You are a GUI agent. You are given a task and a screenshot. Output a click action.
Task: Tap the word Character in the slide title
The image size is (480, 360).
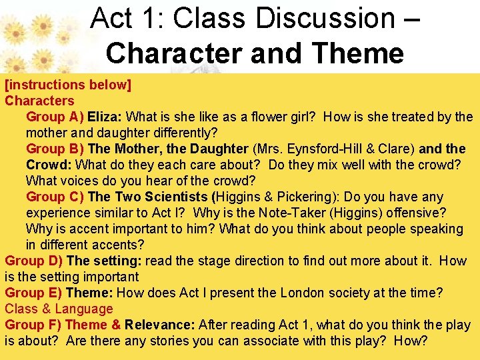171,53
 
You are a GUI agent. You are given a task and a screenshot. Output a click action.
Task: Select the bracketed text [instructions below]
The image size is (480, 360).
68,85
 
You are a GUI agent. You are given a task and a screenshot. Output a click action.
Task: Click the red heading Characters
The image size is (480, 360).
39,101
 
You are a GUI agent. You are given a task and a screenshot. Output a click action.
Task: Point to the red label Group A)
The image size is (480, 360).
55,117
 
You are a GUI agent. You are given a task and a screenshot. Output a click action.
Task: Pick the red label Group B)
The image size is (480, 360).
55,149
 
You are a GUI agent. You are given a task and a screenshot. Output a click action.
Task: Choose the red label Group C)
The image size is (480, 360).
55,197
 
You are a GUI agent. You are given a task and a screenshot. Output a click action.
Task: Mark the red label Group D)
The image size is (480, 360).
34,261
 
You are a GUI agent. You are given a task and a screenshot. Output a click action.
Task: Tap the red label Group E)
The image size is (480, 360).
33,293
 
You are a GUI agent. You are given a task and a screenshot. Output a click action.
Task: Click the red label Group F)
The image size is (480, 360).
33,325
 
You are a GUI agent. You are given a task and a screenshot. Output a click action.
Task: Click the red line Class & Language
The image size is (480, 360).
59,309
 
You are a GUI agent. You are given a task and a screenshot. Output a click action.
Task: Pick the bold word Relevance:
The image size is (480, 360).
159,325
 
